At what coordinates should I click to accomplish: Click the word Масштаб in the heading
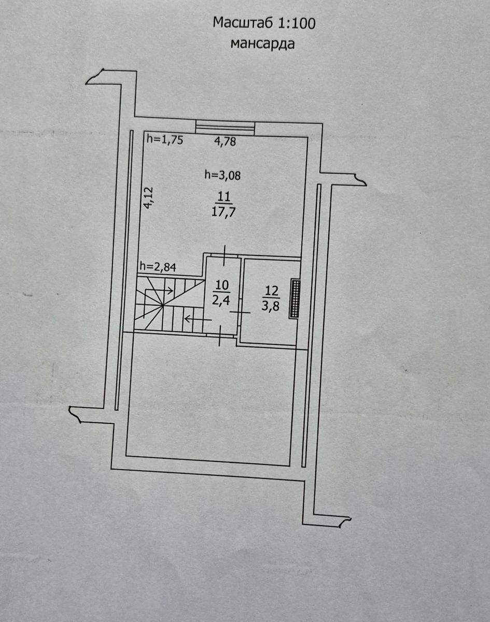point(244,23)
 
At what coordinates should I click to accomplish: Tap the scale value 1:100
point(297,23)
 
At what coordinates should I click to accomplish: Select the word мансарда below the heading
point(262,44)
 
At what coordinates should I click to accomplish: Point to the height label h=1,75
point(164,139)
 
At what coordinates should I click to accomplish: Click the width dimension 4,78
point(225,142)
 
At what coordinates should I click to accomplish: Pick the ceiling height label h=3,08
point(222,175)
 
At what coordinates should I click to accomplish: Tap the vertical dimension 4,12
point(150,197)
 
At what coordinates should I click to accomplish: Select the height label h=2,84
point(158,266)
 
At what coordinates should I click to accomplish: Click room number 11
point(223,197)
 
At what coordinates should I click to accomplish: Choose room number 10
point(222,286)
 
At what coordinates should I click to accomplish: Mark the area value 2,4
point(221,301)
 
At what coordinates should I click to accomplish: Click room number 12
point(271,291)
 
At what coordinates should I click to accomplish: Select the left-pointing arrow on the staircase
point(198,319)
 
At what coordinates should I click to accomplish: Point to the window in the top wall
point(225,128)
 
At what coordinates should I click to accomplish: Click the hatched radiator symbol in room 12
point(294,299)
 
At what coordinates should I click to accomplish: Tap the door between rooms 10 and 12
point(240,312)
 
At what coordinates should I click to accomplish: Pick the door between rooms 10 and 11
point(225,256)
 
